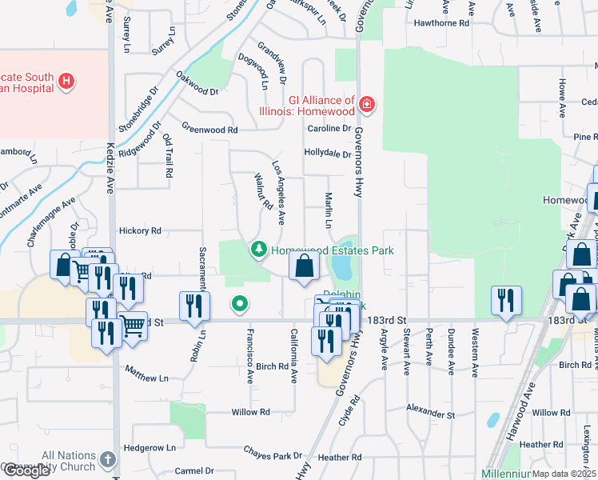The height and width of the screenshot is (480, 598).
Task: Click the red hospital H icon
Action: [x=67, y=81]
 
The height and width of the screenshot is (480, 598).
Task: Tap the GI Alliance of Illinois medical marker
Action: [x=367, y=104]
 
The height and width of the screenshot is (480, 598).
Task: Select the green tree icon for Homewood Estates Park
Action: [x=259, y=250]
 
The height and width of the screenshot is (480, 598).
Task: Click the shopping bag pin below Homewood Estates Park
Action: [x=304, y=267]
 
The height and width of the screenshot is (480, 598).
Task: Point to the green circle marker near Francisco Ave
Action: [x=239, y=303]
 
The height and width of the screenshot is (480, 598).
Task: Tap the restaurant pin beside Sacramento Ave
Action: [x=195, y=306]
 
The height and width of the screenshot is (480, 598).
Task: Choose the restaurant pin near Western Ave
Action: [x=506, y=301]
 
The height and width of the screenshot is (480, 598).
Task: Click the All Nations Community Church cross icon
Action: [x=109, y=460]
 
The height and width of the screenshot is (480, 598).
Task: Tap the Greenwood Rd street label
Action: [x=209, y=129]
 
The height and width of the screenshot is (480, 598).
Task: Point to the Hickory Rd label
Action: [x=140, y=231]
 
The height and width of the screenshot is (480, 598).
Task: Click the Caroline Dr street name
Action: [x=329, y=128]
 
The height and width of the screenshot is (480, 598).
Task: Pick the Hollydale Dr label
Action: [x=327, y=154]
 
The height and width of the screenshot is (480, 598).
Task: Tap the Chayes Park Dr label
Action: [x=271, y=455]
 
